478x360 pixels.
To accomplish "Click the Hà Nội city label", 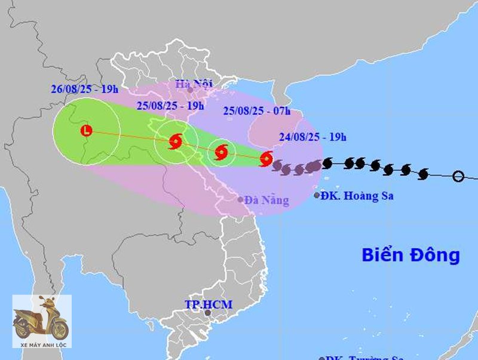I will coord(194,84).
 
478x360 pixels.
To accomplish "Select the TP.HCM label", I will coord(208,304).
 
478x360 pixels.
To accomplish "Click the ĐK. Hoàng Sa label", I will coord(357,195).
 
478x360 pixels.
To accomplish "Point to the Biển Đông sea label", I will coord(410,255).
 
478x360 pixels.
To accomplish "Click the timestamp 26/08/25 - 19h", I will coord(85,90).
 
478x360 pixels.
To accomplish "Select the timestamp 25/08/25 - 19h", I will coord(170,106).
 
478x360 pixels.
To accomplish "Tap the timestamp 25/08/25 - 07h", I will coord(256,110).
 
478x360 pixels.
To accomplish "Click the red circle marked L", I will coord(87,130).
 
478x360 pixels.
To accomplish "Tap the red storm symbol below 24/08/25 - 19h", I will coord(266,159).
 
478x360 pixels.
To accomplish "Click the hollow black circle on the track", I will coord(458,176).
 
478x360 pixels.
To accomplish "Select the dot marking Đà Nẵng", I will coord(241,200).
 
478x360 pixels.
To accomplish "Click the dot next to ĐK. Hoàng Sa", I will coord(317,195).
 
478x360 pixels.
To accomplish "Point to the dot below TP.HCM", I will coord(207,313).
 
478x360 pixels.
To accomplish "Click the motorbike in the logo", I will coord(41,321).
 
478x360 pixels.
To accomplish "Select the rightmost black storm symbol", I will coord(424,174).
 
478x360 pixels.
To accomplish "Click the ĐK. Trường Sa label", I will coord(361,358).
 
